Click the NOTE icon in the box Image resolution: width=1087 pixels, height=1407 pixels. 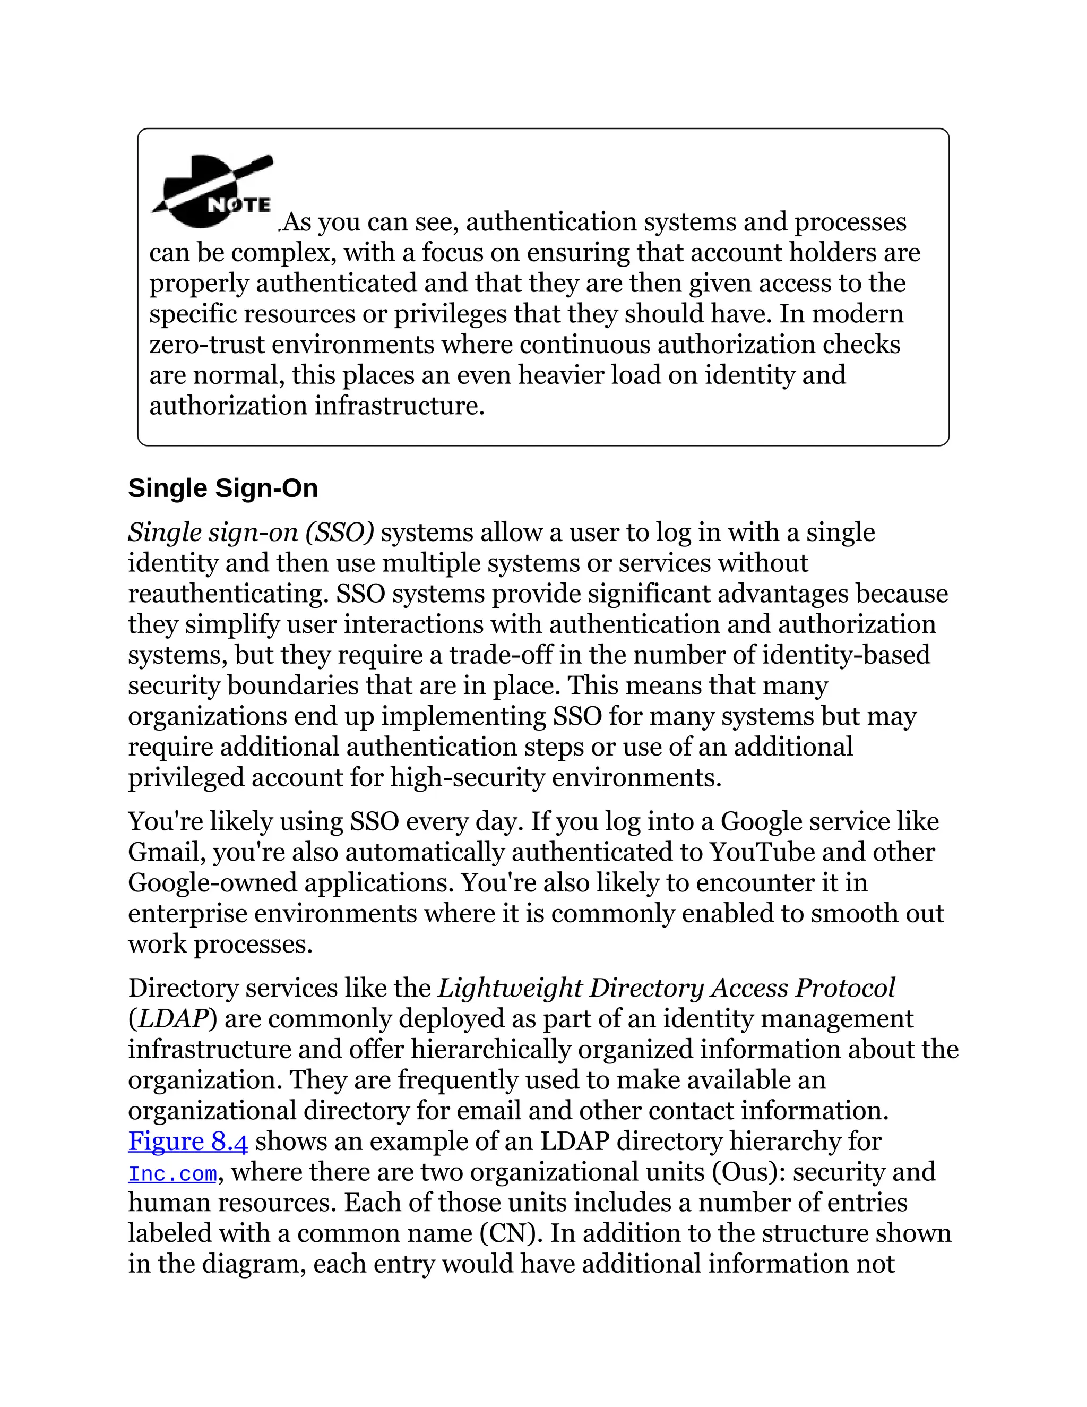click(x=212, y=193)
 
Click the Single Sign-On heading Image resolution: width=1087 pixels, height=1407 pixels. click(x=223, y=488)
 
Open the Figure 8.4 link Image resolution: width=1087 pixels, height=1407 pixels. click(x=187, y=1141)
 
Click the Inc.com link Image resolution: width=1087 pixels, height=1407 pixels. click(x=172, y=1173)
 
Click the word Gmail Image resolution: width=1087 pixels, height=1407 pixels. click(x=166, y=852)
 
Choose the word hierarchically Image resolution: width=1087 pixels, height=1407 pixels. click(x=490, y=1050)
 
